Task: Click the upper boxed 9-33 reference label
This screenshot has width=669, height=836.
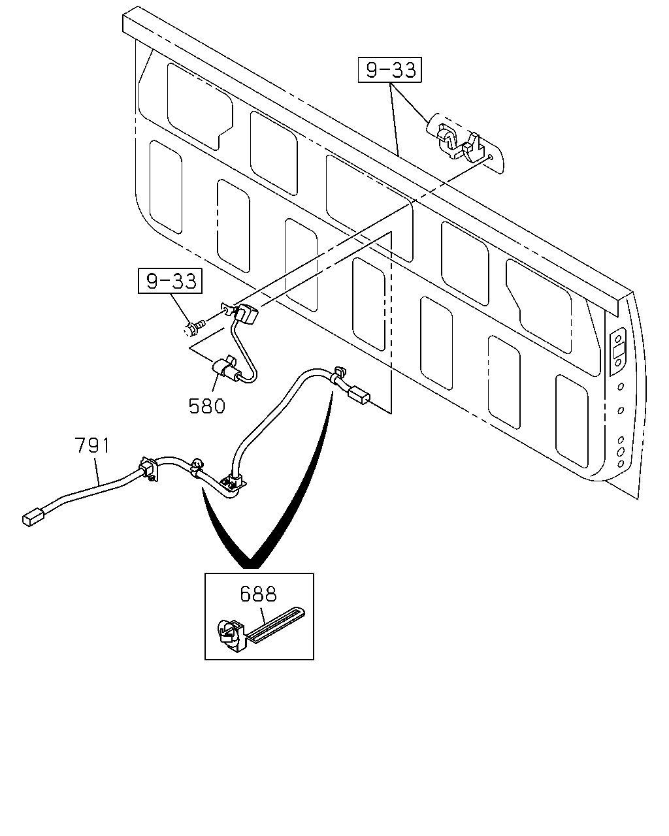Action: [389, 70]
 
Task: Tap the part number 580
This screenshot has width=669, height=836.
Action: [207, 407]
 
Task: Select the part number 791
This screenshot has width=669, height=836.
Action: [92, 445]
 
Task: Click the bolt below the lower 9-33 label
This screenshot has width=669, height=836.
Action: [193, 329]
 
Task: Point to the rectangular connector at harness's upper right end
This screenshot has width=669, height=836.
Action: [359, 396]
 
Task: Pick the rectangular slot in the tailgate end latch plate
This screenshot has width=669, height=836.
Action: [618, 351]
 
